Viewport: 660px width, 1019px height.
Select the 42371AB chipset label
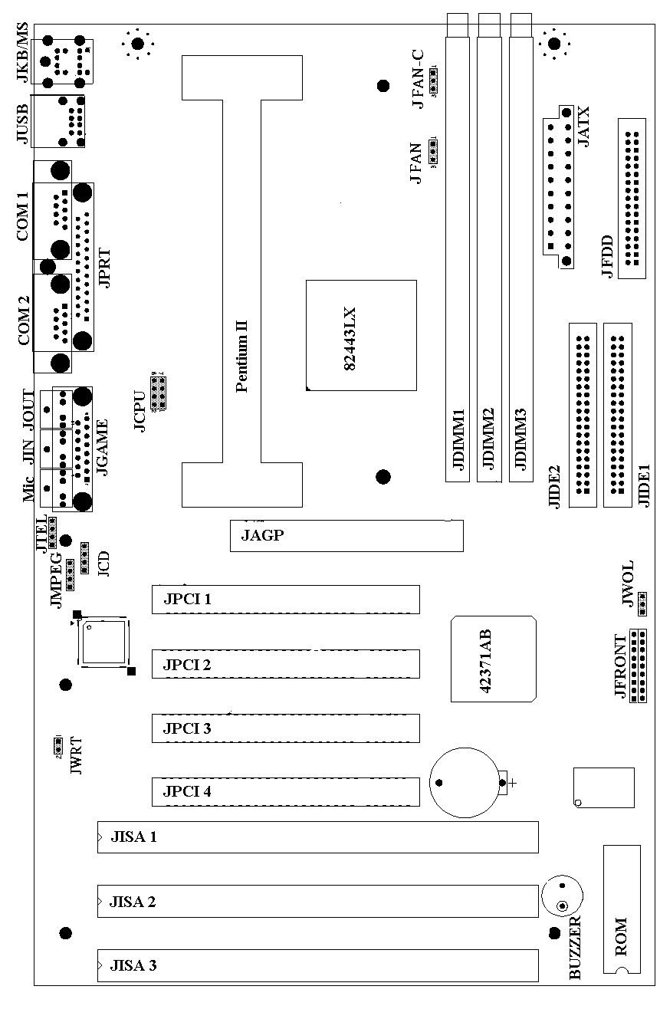click(485, 660)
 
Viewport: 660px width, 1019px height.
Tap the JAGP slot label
click(263, 535)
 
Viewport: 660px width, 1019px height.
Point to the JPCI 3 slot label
click(186, 728)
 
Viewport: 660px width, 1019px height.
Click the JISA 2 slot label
click(133, 901)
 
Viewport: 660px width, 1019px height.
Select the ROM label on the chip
click(621, 936)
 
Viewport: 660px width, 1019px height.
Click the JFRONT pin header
click(638, 665)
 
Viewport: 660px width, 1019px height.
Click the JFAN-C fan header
click(434, 79)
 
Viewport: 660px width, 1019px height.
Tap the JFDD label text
click(607, 257)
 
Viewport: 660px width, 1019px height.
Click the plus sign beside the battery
click(512, 783)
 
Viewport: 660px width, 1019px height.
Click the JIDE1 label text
click(645, 483)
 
